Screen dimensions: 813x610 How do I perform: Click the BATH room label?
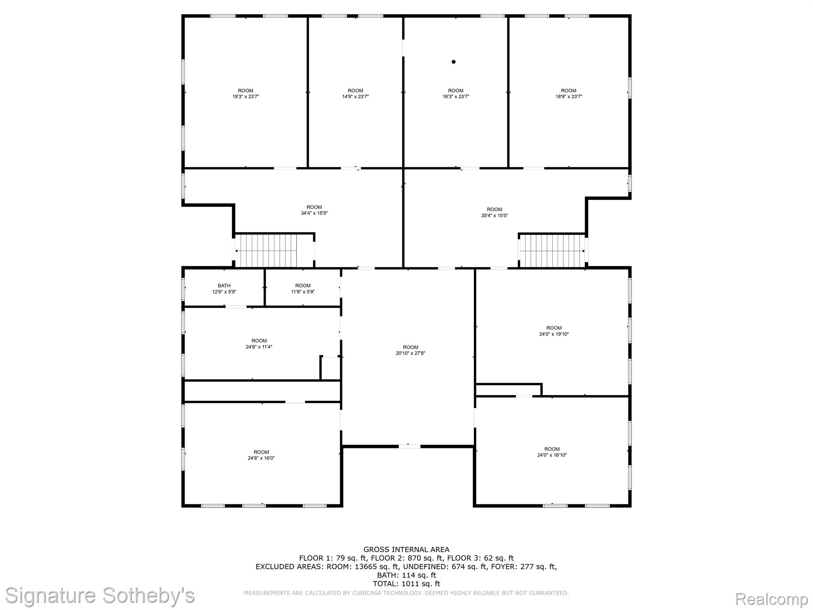tap(224, 286)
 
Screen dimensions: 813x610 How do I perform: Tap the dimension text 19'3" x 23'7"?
tap(246, 97)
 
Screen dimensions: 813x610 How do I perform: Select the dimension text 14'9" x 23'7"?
tap(355, 97)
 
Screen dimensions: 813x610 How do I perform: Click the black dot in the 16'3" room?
tap(453, 62)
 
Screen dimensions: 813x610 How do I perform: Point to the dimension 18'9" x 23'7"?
tap(568, 97)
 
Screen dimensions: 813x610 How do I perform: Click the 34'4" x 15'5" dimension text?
tap(314, 213)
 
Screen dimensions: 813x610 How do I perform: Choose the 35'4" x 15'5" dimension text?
tap(494, 215)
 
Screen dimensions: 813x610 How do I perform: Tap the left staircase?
tap(266, 251)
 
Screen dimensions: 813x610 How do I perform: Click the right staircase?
tap(553, 251)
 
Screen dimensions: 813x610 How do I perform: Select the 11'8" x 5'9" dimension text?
tap(303, 291)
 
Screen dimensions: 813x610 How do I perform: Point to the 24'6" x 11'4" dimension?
tap(259, 347)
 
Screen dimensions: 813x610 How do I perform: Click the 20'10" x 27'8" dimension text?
tap(410, 353)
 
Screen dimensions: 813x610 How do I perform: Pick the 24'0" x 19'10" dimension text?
tap(554, 334)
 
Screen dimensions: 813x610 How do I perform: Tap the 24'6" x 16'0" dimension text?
tap(261, 458)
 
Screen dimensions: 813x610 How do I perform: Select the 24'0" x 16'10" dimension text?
tap(552, 455)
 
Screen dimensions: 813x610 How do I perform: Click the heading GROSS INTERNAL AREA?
tap(406, 550)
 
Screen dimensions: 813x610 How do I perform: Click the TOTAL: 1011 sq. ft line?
tap(406, 583)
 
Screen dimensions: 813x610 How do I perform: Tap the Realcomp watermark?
tap(772, 598)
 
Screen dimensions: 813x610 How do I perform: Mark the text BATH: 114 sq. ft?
tap(406, 575)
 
